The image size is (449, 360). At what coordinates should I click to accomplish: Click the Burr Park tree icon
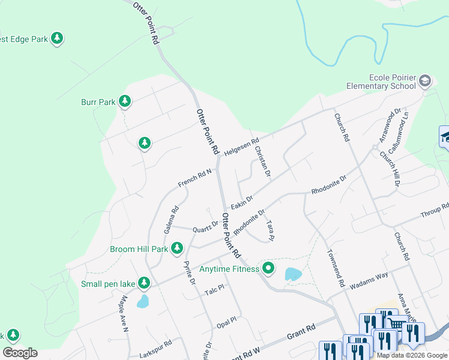tap(125, 101)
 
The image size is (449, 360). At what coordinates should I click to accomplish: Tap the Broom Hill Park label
tap(139, 249)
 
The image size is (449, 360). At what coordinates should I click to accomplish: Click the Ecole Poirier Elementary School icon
tap(425, 81)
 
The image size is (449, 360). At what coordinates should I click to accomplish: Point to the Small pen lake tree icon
tap(144, 283)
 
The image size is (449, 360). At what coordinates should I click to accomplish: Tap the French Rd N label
tap(195, 177)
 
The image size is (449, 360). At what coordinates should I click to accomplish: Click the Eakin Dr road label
tap(242, 202)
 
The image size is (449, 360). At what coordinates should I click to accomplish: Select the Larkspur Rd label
tap(155, 346)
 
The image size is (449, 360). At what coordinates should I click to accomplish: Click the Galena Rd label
tap(171, 220)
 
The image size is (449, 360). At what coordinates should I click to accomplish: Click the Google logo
tap(20, 353)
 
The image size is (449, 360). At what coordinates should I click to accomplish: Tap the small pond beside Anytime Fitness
tap(293, 274)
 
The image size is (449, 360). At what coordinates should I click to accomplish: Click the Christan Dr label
tap(263, 161)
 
